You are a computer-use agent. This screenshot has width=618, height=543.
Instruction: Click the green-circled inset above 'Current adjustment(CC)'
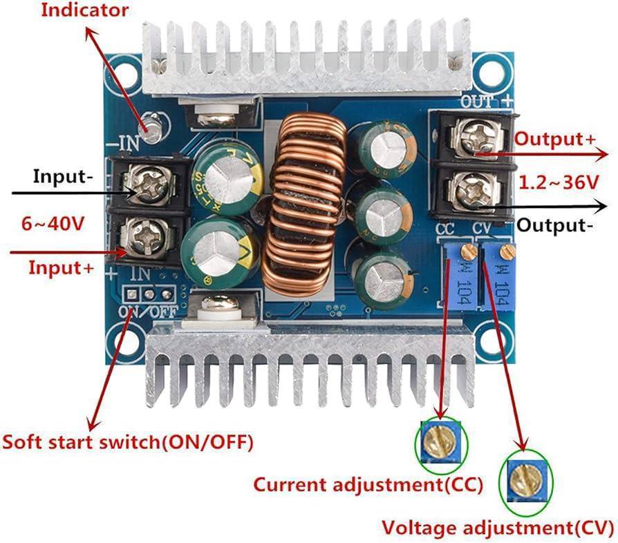[x=440, y=442]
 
